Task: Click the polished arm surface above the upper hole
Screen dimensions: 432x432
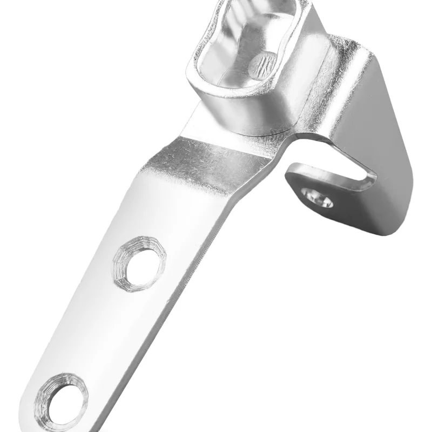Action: [x=162, y=211]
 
